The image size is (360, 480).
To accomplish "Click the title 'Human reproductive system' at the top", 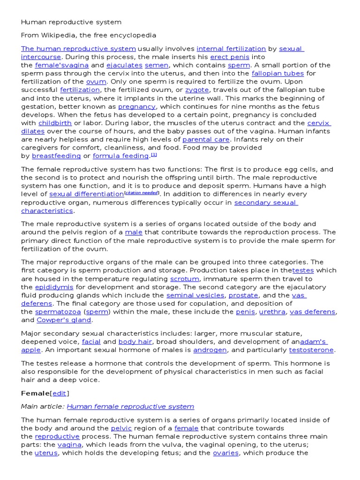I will pyautogui.click(x=71, y=22).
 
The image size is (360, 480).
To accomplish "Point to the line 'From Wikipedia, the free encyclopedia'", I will pyautogui.click(x=89, y=35).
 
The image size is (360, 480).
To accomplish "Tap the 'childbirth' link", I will pyautogui.click(x=55, y=123).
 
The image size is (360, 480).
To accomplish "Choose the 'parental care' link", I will pyautogui.click(x=206, y=140).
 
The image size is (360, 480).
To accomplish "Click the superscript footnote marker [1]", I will pyautogui.click(x=154, y=155).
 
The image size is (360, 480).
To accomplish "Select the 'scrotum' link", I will pyautogui.click(x=184, y=279).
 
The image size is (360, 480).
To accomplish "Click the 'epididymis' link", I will pyautogui.click(x=54, y=287).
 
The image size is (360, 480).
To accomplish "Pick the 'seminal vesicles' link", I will pyautogui.click(x=195, y=295).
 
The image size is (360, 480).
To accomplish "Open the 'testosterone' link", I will pyautogui.click(x=311, y=350).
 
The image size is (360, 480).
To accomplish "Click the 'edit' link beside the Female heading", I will pyautogui.click(x=59, y=393).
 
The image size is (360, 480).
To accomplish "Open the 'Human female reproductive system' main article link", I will pyautogui.click(x=130, y=406).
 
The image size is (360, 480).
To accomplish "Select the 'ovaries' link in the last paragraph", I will pyautogui.click(x=225, y=453).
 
